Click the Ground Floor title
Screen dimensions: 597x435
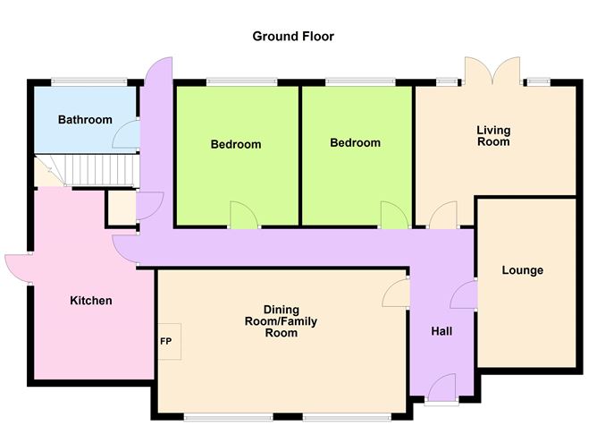pyautogui.click(x=293, y=37)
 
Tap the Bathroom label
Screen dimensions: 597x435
pyautogui.click(x=85, y=120)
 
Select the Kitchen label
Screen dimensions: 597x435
pyautogui.click(x=91, y=301)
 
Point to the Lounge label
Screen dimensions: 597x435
pyautogui.click(x=522, y=270)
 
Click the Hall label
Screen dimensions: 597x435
pyautogui.click(x=441, y=331)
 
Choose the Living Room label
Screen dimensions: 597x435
pyautogui.click(x=493, y=136)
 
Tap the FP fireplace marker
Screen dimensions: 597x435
pyautogui.click(x=166, y=341)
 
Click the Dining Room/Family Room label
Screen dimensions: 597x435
pyautogui.click(x=281, y=321)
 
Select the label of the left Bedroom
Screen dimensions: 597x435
pyautogui.click(x=236, y=144)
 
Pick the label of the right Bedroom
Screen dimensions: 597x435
pyautogui.click(x=355, y=143)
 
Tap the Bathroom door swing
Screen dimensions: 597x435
pyautogui.click(x=126, y=134)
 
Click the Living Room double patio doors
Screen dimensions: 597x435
pyautogui.click(x=492, y=70)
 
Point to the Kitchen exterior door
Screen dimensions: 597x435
pyautogui.click(x=18, y=269)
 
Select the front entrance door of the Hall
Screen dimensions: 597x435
pyautogui.click(x=441, y=387)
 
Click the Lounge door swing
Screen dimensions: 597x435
pyautogui.click(x=464, y=294)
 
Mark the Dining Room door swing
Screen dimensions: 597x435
pyautogui.click(x=396, y=293)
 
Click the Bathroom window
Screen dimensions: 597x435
pyautogui.click(x=89, y=81)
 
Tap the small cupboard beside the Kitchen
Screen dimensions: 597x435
pyautogui.click(x=121, y=208)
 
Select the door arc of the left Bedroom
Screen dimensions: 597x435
pyautogui.click(x=245, y=215)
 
